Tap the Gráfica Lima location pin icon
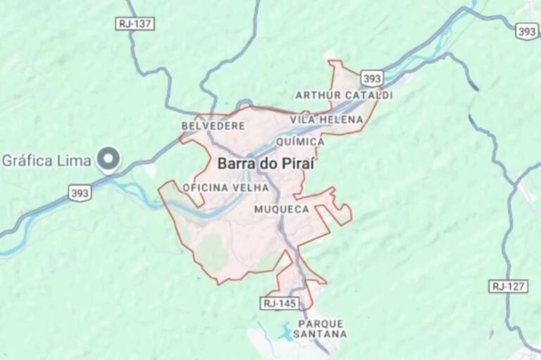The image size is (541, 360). click(109, 160)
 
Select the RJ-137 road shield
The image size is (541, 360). click(134, 24)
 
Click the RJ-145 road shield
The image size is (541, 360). click(279, 303)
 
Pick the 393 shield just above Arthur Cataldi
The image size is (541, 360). click(373, 77)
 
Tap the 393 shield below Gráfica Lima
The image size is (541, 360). click(80, 192)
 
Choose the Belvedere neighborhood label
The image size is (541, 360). click(213, 126)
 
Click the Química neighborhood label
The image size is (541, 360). click(301, 142)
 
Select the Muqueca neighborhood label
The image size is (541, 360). click(280, 209)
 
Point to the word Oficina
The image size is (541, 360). click(205, 187)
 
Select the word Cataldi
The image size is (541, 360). click(368, 95)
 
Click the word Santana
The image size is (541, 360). click(321, 334)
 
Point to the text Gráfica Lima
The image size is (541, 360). click(46, 160)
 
